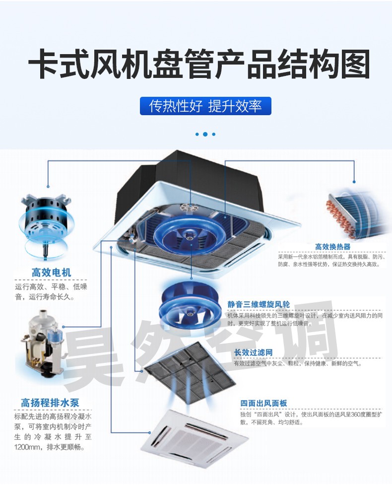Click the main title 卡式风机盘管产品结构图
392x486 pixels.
[x=198, y=64]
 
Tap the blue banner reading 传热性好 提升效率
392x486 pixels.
[x=205, y=106]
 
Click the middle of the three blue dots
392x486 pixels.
[x=205, y=134]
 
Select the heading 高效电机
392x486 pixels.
[x=51, y=273]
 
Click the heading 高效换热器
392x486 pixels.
[x=332, y=247]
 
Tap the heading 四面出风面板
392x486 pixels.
[x=263, y=403]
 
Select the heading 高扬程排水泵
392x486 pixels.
[x=50, y=403]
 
